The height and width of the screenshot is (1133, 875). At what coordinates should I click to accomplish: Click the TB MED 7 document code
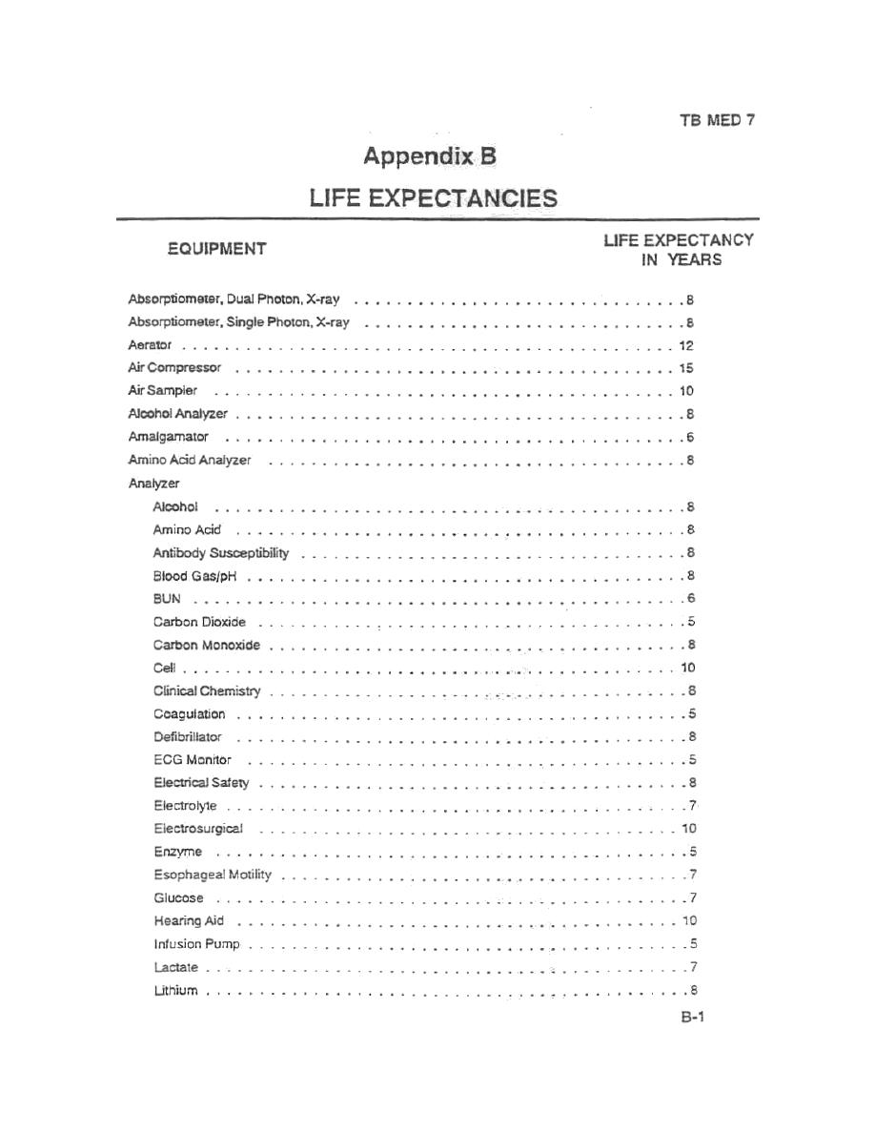pos(717,121)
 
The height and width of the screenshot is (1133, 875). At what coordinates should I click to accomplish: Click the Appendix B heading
pos(430,156)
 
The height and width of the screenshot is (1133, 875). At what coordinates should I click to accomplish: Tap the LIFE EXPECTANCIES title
pos(433,198)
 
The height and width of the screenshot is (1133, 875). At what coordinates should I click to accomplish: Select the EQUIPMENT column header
pos(216,249)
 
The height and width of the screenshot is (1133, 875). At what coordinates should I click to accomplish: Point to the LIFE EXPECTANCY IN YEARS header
pos(678,250)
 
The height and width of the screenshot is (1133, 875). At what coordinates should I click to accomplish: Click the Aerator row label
pos(150,345)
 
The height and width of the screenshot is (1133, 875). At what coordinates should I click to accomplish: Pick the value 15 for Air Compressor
pos(686,368)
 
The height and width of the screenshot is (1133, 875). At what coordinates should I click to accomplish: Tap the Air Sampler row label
pos(162,391)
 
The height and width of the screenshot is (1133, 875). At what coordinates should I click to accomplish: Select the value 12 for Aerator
pos(686,345)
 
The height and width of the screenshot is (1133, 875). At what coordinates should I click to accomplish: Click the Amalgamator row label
pos(168,438)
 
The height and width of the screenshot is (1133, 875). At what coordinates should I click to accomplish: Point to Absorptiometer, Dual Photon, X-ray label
pos(234,299)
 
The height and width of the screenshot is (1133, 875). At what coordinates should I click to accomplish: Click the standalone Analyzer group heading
pos(153,484)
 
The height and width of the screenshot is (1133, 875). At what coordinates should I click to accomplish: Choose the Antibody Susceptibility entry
pos(220,553)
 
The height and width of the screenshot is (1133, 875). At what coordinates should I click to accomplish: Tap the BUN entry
pos(166,599)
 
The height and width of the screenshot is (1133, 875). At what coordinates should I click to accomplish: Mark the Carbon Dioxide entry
pos(199,622)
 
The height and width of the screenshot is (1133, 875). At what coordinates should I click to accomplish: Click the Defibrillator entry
pos(187,737)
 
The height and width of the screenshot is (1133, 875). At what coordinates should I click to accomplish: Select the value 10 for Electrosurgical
pos(689,829)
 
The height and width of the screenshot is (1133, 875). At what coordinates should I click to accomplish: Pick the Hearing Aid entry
pos(189,921)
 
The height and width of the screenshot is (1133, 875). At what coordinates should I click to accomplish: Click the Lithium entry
pos(175,991)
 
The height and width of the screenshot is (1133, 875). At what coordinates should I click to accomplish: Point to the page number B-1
pos(692,1018)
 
